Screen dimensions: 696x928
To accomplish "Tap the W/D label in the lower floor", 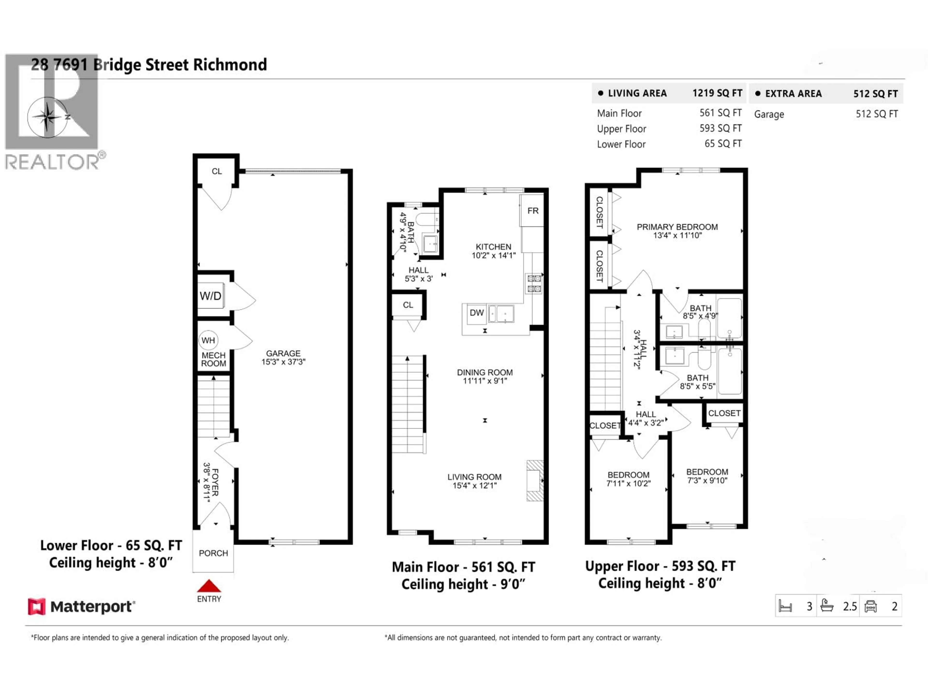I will pos(210,296).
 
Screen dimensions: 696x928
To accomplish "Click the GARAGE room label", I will pos(283,353).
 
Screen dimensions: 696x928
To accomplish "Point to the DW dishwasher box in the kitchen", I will pos(477,312).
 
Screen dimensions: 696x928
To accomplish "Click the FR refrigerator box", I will pos(533,210).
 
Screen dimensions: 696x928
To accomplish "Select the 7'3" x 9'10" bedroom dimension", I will pos(707,480).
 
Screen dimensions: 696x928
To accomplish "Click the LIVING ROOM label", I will pos(474,477).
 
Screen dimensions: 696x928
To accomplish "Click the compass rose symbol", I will pos(47,117).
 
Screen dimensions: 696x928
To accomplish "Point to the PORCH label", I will pos(213,553).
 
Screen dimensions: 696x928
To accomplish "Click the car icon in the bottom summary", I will pos(870,606).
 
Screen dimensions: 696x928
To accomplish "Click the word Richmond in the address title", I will pos(230,65).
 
